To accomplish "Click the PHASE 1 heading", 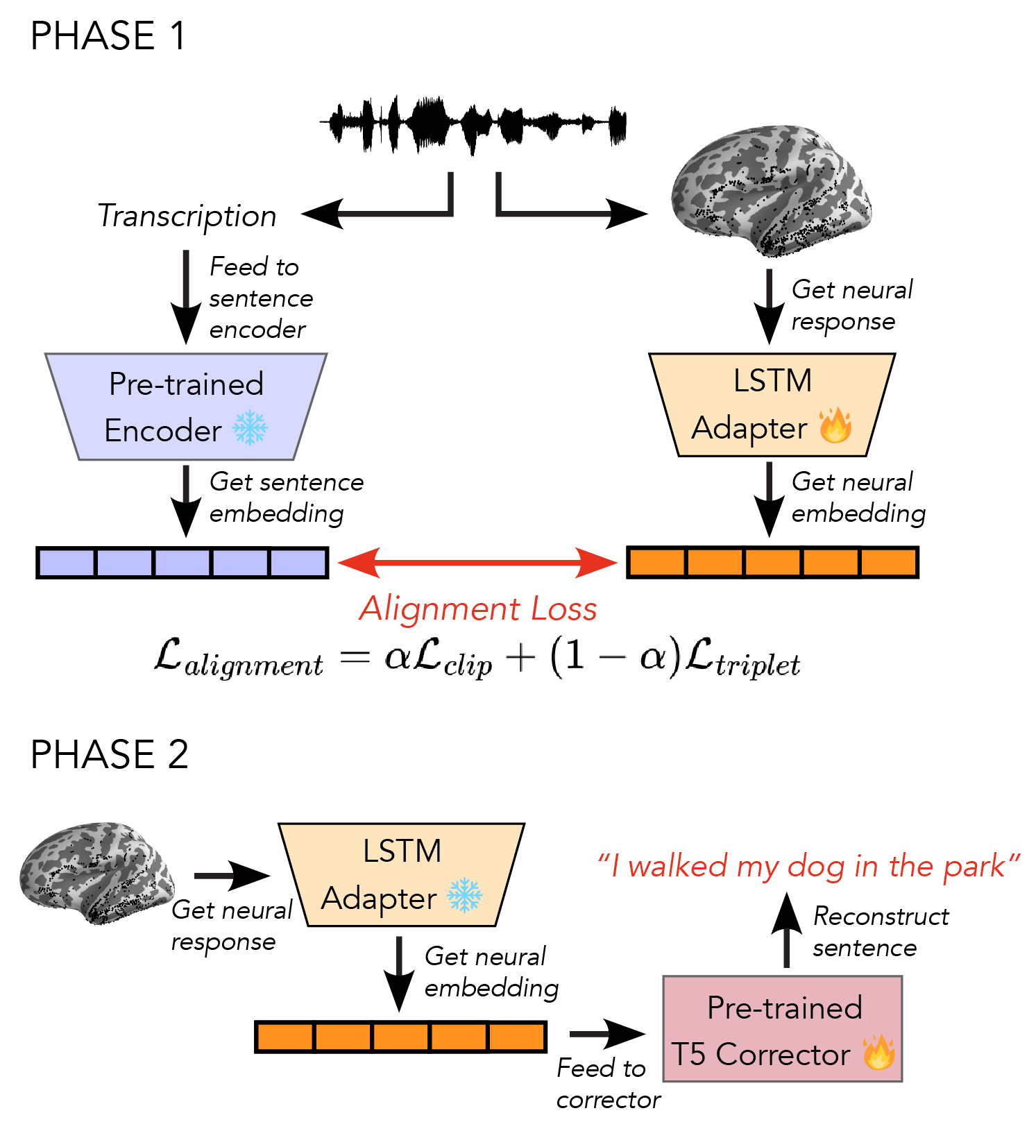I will point(108,36).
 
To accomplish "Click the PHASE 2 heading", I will point(110,754).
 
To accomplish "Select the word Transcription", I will point(187,216).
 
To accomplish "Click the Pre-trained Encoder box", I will point(186,407).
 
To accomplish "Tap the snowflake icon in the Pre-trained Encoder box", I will point(250,427).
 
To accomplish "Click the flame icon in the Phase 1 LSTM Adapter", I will point(835,425).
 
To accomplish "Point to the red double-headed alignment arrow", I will point(477,562).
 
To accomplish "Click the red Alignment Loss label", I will point(477,609).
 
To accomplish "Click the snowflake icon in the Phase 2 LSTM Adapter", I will point(464,895).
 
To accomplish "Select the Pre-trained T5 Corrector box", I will point(782,1029).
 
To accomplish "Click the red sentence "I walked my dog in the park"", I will point(809,867).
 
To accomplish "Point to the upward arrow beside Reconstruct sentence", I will point(786,930).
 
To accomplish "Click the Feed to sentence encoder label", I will point(260,298).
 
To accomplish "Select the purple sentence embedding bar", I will point(182,562).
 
